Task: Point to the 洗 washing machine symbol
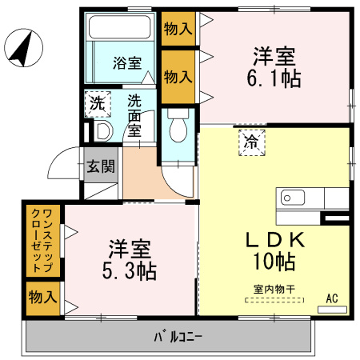click(97, 103)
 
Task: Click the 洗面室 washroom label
click(136, 114)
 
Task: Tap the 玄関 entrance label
click(101, 166)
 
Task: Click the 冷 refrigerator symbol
click(250, 144)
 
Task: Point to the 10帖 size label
click(274, 261)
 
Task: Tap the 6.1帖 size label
click(274, 78)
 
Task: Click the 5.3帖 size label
click(128, 270)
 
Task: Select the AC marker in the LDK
click(332, 298)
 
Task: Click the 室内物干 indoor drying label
click(274, 290)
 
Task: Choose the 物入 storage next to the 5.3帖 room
click(42, 298)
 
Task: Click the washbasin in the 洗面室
click(102, 131)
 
